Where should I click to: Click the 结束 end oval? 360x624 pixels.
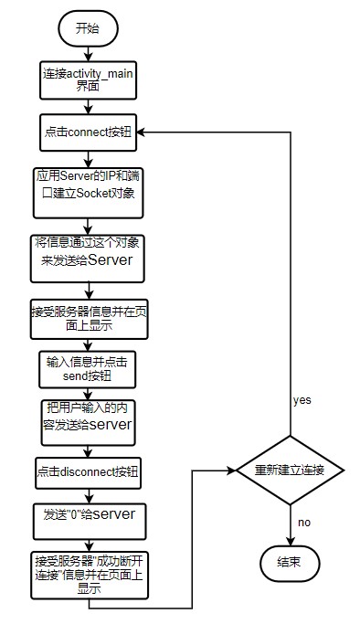coord(291,563)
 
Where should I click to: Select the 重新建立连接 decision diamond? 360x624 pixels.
coord(291,471)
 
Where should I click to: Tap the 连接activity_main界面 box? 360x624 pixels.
coord(89,80)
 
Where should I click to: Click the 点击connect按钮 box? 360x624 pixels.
coord(89,132)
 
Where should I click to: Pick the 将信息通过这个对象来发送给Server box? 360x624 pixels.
coord(89,252)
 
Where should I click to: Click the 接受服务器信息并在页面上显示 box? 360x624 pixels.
coord(89,316)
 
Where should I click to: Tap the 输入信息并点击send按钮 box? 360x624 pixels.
coord(89,368)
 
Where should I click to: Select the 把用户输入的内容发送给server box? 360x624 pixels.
coord(89,418)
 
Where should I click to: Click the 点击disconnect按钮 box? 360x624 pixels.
coord(89,471)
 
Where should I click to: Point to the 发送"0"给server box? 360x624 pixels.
coord(89,514)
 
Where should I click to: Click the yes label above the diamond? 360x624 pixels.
coord(302,400)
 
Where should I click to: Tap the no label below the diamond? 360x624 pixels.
coord(302,524)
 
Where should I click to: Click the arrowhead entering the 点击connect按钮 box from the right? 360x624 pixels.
coord(143,132)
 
